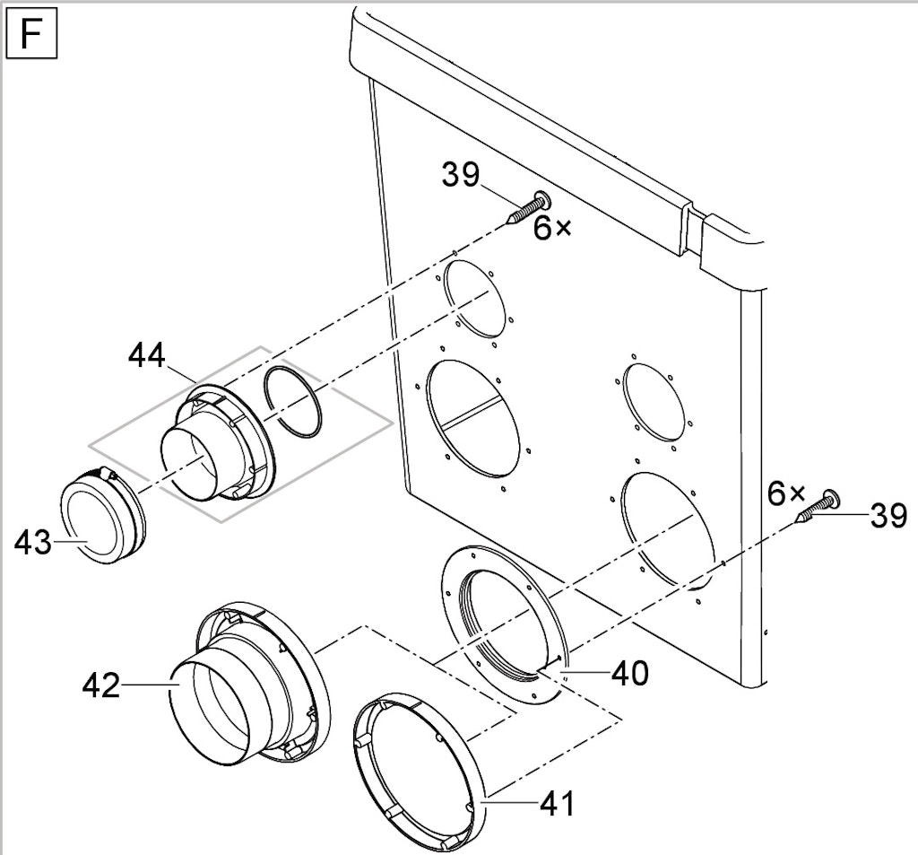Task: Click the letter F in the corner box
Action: click(x=30, y=34)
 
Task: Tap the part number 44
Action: click(x=147, y=355)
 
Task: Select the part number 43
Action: click(x=33, y=542)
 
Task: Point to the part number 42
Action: click(x=101, y=685)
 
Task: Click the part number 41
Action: click(x=557, y=804)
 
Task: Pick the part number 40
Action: click(x=630, y=674)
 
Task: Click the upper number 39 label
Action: click(x=461, y=175)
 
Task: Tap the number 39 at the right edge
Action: click(x=888, y=516)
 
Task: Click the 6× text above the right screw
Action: click(x=786, y=494)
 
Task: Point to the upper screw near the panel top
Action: click(x=528, y=208)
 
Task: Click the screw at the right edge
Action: click(x=818, y=506)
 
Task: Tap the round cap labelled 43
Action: click(x=103, y=514)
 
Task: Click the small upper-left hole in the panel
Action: click(x=474, y=300)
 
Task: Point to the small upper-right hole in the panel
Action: click(x=654, y=401)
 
